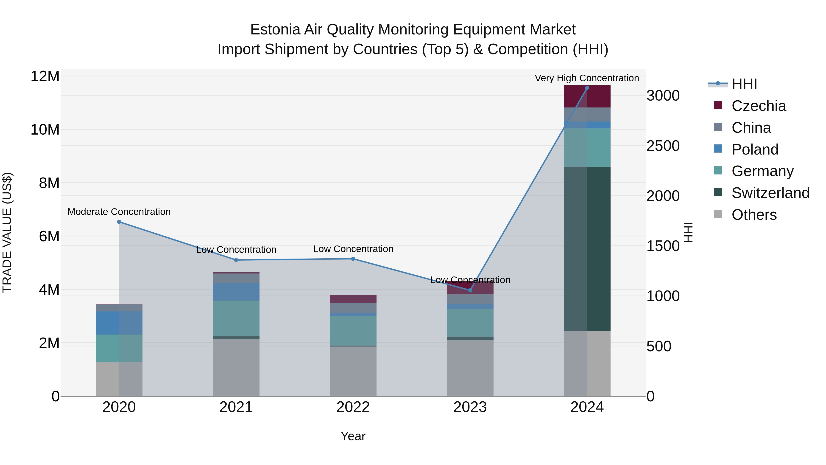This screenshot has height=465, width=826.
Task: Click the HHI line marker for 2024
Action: (587, 88)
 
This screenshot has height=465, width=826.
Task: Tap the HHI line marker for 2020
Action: (119, 222)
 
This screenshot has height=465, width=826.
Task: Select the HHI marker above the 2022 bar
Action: (353, 259)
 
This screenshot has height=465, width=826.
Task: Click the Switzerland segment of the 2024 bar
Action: (587, 249)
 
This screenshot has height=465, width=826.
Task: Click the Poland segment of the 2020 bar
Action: (119, 323)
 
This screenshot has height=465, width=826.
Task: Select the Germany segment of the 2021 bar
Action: (236, 318)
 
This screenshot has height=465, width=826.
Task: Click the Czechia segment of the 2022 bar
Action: (353, 299)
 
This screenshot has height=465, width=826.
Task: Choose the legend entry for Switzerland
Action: (770, 193)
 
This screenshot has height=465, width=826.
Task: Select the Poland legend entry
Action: (755, 149)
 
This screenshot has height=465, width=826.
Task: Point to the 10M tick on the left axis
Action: (45, 130)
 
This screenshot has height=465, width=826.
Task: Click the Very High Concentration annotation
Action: (587, 78)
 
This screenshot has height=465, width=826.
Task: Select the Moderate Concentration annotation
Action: (119, 212)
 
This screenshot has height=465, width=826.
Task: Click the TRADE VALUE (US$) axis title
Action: (7, 232)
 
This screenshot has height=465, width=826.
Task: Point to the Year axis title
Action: (353, 436)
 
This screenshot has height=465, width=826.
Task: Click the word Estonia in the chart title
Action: (275, 30)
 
